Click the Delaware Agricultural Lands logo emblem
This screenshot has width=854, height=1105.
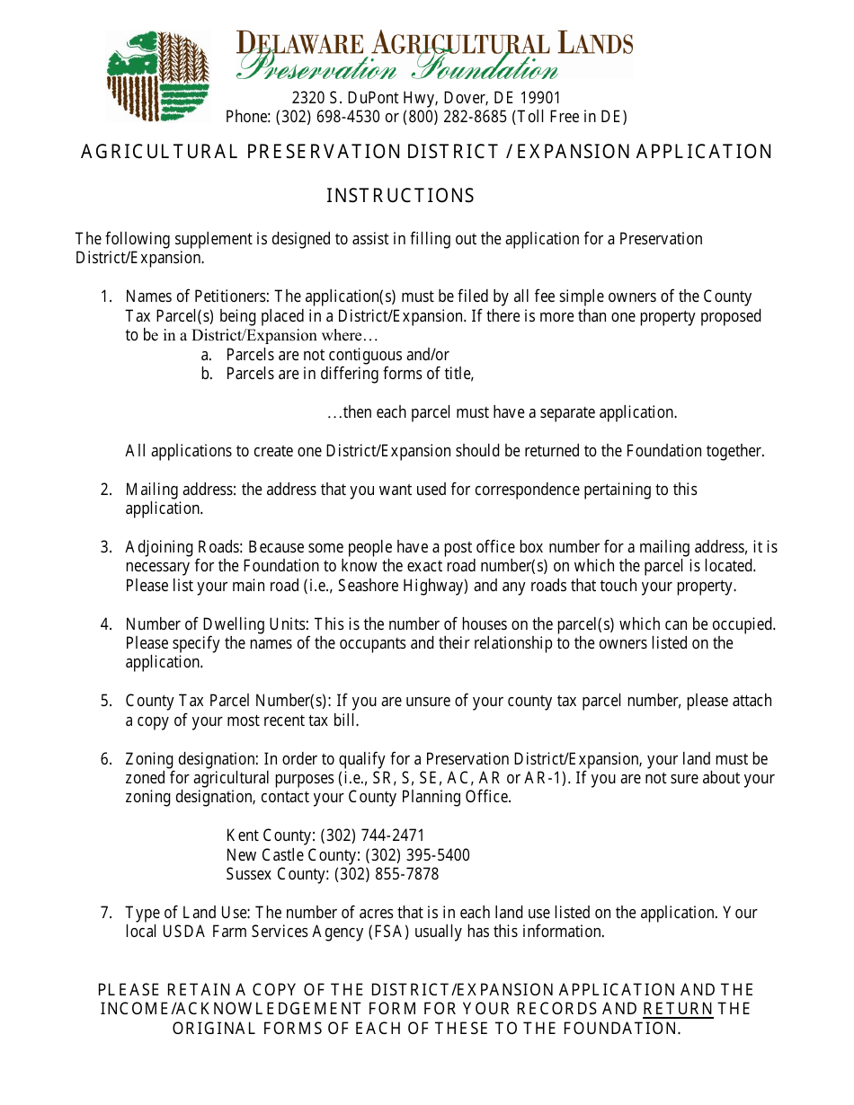pos(158,76)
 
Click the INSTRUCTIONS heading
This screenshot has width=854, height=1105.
pos(400,196)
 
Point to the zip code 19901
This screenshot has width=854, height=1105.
pos(540,98)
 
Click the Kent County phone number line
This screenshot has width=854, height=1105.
pos(325,835)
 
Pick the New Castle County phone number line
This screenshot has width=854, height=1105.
pos(348,855)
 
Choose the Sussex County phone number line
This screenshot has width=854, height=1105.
pos(333,874)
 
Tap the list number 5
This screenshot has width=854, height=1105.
pos(106,701)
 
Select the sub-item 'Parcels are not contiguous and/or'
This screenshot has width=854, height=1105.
pos(337,355)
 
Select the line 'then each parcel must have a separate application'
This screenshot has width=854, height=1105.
pos(502,412)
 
